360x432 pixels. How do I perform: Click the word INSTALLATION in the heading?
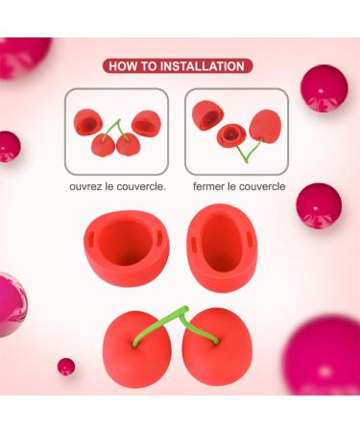pyautogui.click(x=203, y=66)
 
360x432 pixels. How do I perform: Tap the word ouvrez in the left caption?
pyautogui.click(x=84, y=186)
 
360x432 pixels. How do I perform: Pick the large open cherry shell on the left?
pyautogui.click(x=127, y=248)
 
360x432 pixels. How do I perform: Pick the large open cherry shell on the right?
pyautogui.click(x=222, y=248)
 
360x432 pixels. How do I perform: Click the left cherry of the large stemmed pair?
pyautogui.click(x=137, y=348)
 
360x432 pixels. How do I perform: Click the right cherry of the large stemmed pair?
pyautogui.click(x=217, y=347)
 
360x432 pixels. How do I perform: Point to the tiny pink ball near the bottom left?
pyautogui.click(x=66, y=367)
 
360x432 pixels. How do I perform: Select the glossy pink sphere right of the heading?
pyautogui.click(x=324, y=88)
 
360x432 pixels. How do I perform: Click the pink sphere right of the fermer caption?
pyautogui.click(x=319, y=205)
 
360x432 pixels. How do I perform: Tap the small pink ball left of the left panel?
pyautogui.click(x=9, y=147)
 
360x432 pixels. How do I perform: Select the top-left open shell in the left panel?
pyautogui.click(x=88, y=122)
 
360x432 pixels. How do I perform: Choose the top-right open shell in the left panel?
pyautogui.click(x=146, y=124)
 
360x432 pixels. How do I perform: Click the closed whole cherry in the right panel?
pyautogui.click(x=265, y=126)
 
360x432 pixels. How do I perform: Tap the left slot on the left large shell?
pyautogui.click(x=90, y=238)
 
